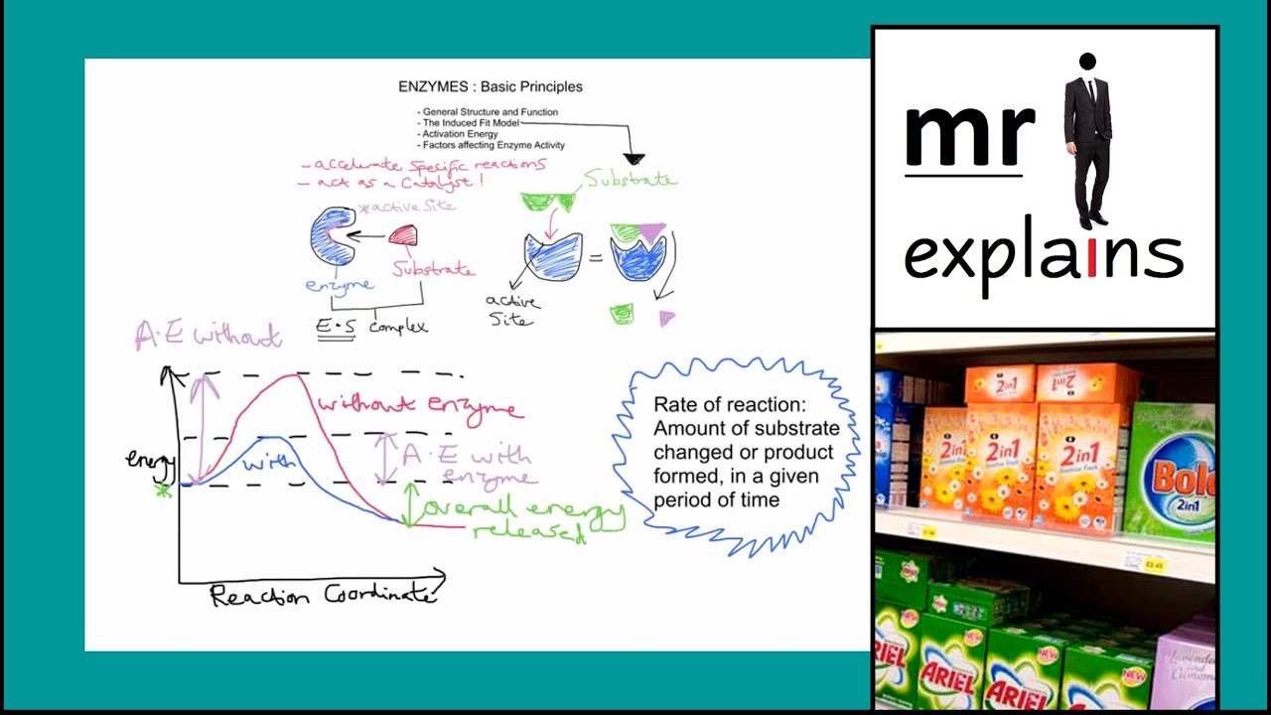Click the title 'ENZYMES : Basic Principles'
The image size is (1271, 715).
pyautogui.click(x=491, y=86)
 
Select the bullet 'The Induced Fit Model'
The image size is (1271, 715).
pyautogui.click(x=471, y=123)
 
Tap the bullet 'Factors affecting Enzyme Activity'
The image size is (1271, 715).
pyautogui.click(x=494, y=145)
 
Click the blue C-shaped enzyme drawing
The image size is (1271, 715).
pyautogui.click(x=332, y=236)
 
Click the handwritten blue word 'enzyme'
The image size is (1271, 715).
pyautogui.click(x=339, y=286)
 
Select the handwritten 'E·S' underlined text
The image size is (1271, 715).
pyautogui.click(x=336, y=326)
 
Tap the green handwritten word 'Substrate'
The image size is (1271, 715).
pyautogui.click(x=630, y=180)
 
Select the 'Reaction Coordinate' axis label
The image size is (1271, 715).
pyautogui.click(x=322, y=596)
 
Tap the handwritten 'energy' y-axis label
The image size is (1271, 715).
pyautogui.click(x=150, y=460)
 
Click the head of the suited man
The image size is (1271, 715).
pyautogui.click(x=1087, y=64)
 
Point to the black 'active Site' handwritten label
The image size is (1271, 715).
pyautogui.click(x=512, y=310)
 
